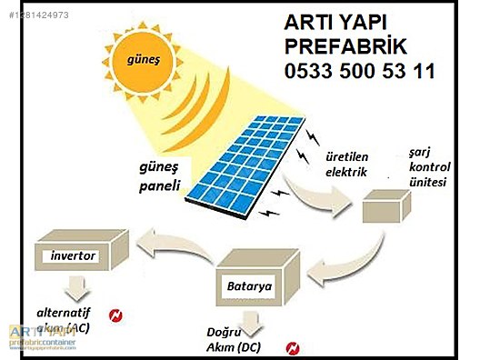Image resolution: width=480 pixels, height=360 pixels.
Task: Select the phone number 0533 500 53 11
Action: click(359, 71)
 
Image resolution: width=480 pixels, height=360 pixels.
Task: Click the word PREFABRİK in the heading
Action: click(345, 45)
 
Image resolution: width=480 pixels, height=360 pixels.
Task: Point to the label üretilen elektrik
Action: click(346, 165)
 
